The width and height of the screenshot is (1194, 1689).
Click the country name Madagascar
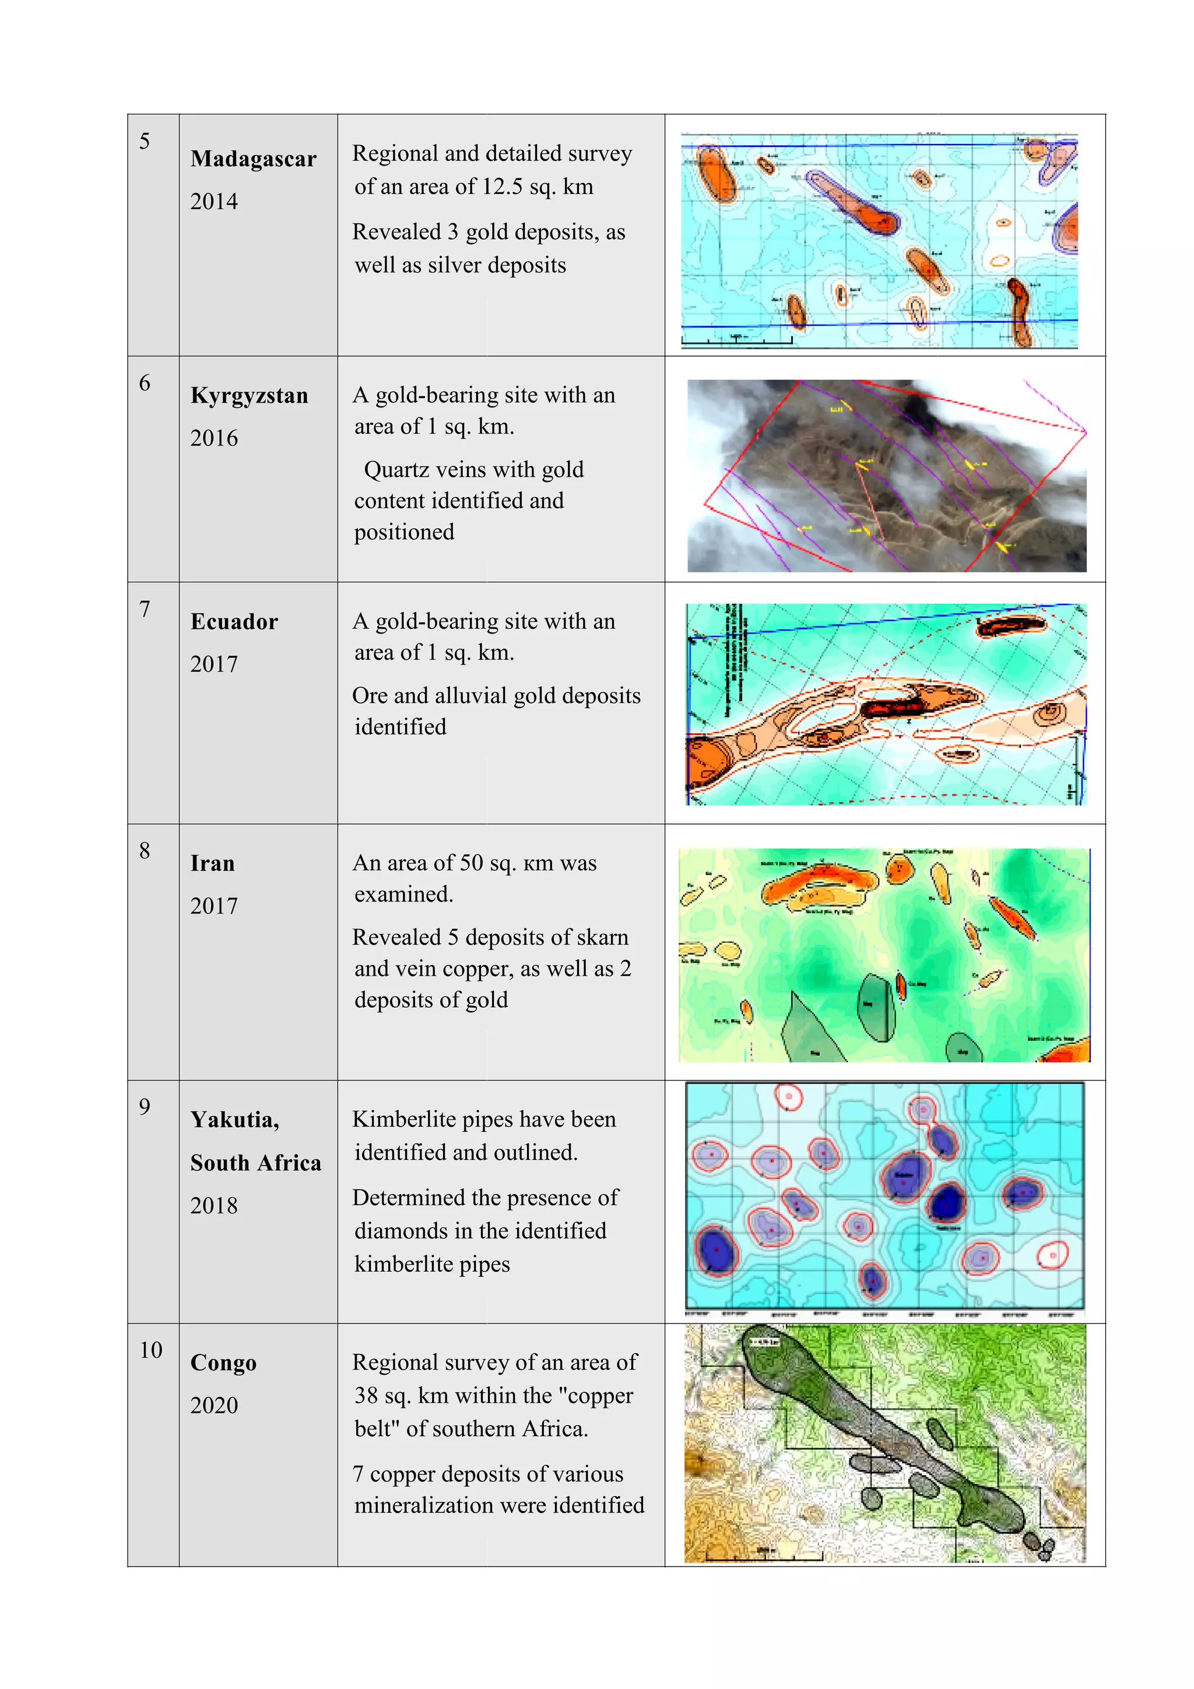[x=253, y=159]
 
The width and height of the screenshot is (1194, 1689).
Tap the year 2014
[x=213, y=202]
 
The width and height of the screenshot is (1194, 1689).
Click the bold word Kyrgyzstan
[x=249, y=396]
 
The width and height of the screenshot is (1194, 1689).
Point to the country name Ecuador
[x=234, y=622]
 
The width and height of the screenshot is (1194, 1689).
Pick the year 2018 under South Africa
[x=213, y=1205]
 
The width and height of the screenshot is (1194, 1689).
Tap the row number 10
[x=151, y=1350]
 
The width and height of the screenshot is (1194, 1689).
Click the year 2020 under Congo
[x=213, y=1405]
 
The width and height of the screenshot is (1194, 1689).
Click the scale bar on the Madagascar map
[x=736, y=339]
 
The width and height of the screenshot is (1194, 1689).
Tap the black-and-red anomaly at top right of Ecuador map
[x=1011, y=625]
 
